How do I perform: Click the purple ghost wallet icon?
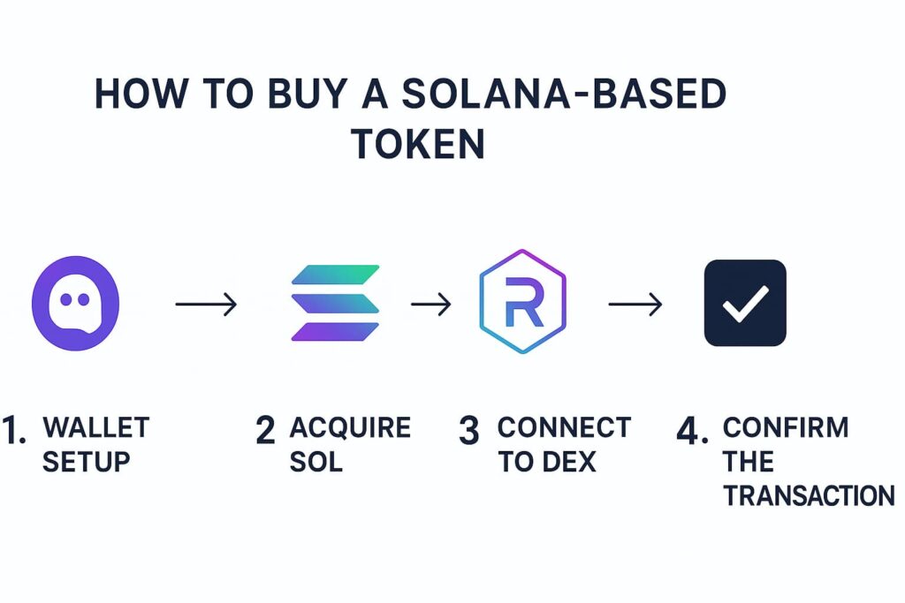(75, 305)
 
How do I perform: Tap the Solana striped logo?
(335, 303)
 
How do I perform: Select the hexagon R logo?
(522, 303)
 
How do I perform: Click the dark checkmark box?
(745, 303)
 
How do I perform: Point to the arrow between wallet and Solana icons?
(206, 305)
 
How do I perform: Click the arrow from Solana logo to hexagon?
(431, 305)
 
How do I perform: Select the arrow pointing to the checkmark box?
(635, 305)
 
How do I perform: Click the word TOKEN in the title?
(418, 143)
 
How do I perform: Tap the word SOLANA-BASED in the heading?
(563, 94)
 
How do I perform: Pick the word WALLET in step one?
(96, 428)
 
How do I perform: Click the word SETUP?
(87, 462)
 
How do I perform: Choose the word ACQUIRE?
(350, 428)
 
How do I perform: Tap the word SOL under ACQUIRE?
(316, 462)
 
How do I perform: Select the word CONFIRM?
(786, 428)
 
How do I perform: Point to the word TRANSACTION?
(809, 495)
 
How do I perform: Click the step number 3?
(469, 430)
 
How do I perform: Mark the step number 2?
(265, 430)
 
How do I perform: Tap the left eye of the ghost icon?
(65, 300)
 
